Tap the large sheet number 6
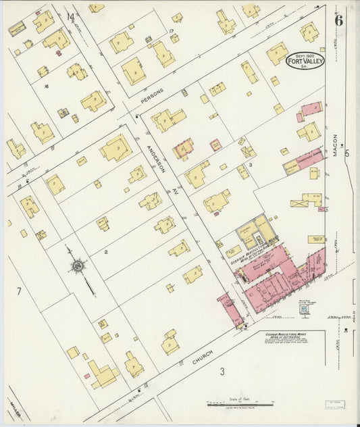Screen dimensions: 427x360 (x=338, y=20)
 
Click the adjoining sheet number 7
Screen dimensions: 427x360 (x=19, y=292)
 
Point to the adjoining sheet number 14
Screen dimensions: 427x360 (x=70, y=16)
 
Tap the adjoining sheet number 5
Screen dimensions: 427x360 (x=347, y=153)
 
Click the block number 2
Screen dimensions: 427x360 (x=106, y=252)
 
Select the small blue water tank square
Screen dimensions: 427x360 (x=304, y=308)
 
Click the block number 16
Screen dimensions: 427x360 (x=46, y=86)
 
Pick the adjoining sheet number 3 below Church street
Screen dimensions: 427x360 (x=221, y=371)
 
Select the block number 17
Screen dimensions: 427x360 (x=172, y=31)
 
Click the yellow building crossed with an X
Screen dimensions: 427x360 (x=299, y=202)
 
